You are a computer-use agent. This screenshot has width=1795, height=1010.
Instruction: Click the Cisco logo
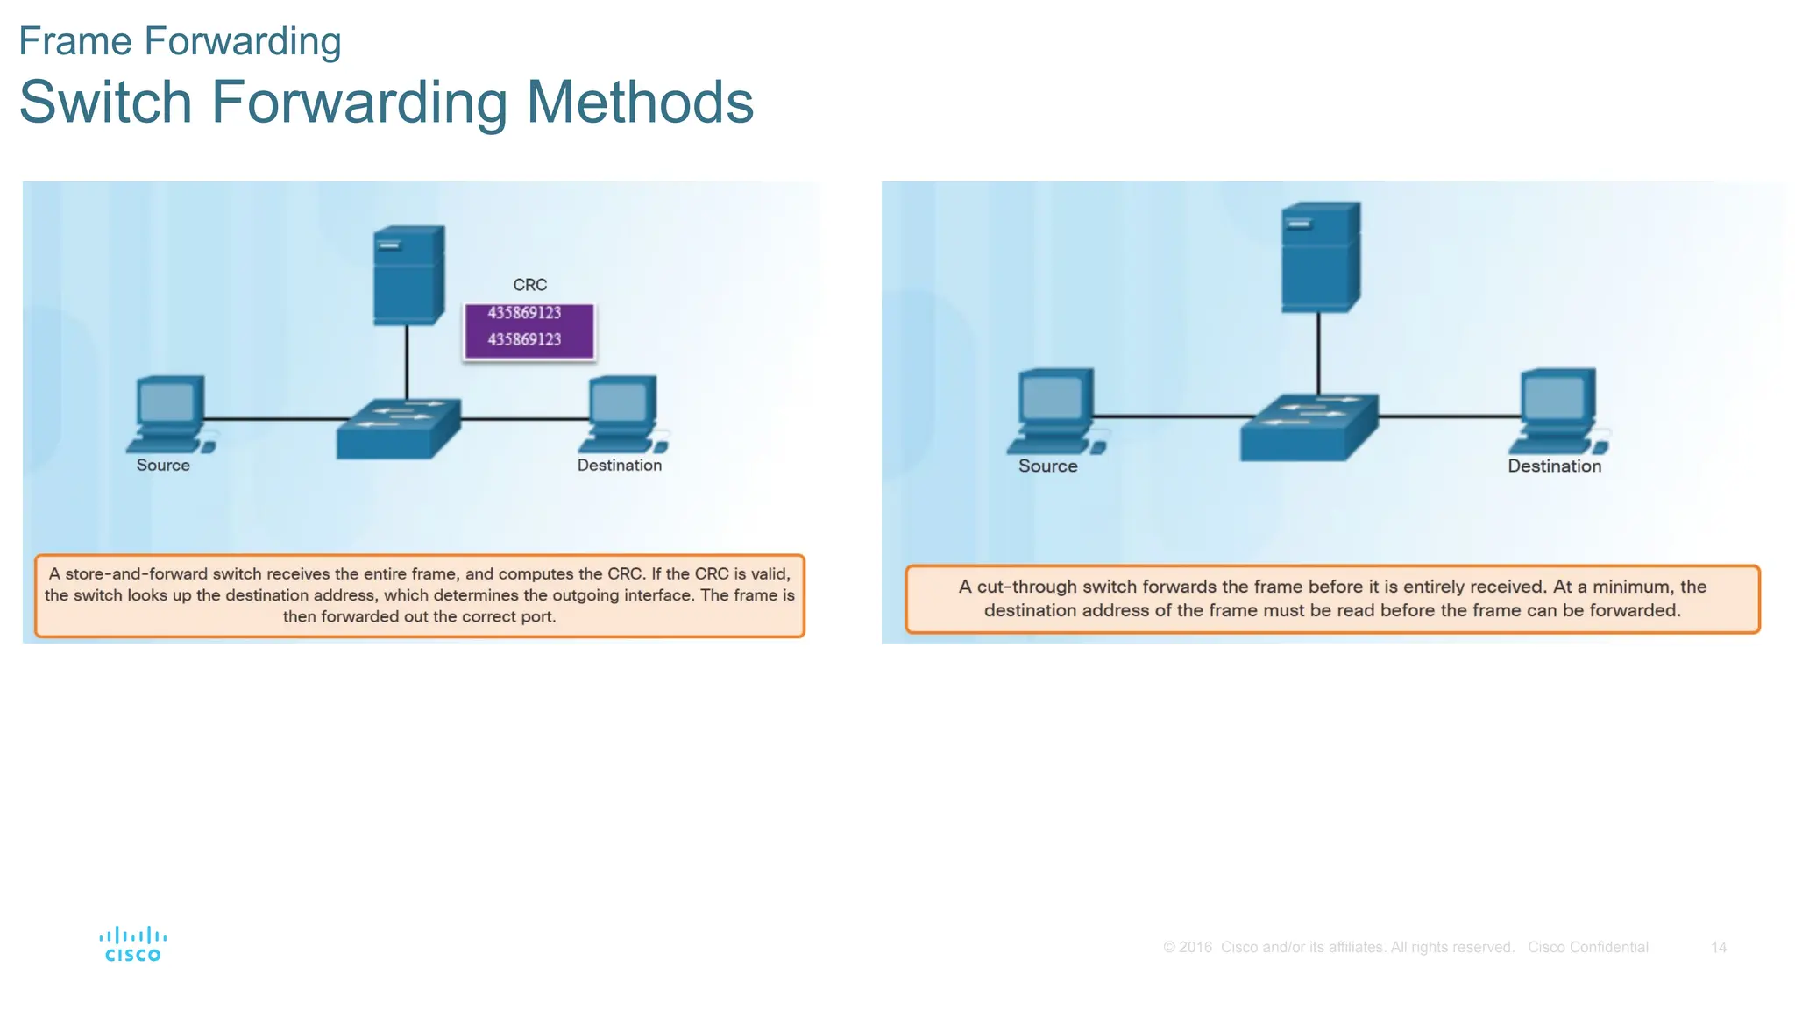click(132, 944)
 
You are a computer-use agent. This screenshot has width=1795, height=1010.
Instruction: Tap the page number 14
click(1718, 948)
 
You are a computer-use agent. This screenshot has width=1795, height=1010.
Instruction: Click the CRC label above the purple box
click(529, 285)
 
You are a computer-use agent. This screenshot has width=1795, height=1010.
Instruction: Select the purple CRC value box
click(529, 331)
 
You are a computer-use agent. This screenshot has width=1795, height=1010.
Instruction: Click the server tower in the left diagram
click(408, 275)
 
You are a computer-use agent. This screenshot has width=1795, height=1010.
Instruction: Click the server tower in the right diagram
click(1320, 257)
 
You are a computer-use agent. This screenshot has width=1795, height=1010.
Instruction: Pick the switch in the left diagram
click(398, 429)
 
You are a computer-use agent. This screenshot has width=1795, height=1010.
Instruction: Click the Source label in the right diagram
click(1047, 466)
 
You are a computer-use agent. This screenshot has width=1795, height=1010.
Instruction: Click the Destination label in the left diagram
click(619, 466)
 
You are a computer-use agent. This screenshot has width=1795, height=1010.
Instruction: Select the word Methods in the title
click(639, 103)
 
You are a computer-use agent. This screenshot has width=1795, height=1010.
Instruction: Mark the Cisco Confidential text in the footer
click(1587, 948)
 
